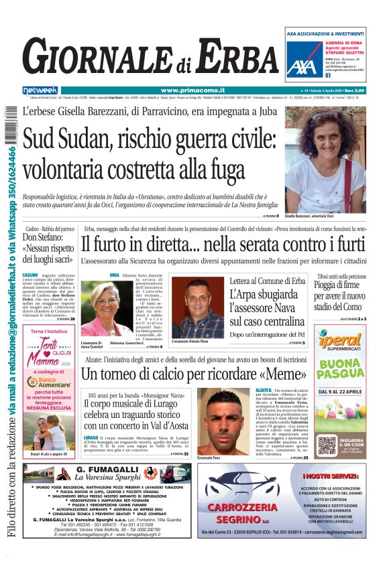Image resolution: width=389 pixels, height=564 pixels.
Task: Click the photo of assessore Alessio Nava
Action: tap(197, 307)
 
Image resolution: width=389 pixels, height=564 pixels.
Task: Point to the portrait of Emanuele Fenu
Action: tap(224, 421)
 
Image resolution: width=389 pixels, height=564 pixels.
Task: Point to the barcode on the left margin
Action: tap(9, 127)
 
